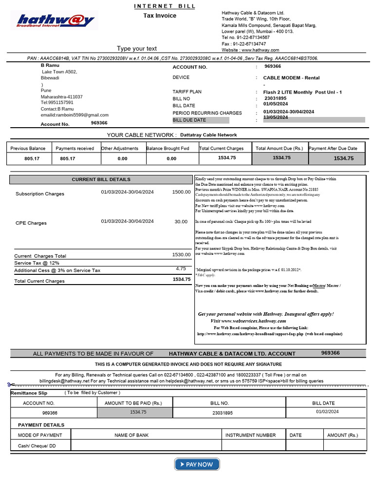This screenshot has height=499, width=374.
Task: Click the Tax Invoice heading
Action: click(160, 16)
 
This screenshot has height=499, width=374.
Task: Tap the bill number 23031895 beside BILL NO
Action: click(276, 98)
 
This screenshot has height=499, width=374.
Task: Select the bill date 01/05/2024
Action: click(276, 104)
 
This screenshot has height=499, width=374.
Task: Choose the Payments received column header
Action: click(75, 148)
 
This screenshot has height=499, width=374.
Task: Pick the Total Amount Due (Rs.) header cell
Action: click(280, 148)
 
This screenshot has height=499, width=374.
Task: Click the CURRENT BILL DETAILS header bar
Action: click(101, 179)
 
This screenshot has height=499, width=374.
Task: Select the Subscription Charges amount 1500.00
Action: click(181, 192)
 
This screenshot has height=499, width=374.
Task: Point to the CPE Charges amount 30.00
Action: click(181, 222)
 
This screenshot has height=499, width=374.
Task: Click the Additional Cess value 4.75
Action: click(181, 269)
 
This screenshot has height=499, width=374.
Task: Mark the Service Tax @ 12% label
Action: click(37, 263)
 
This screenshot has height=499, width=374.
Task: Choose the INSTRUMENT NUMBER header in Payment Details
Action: click(250, 435)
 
